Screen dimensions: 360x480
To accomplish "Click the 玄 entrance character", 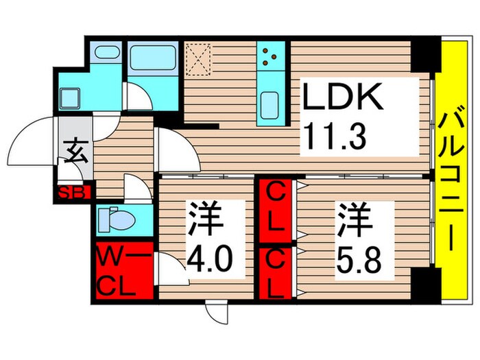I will pyautogui.click(x=76, y=150).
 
